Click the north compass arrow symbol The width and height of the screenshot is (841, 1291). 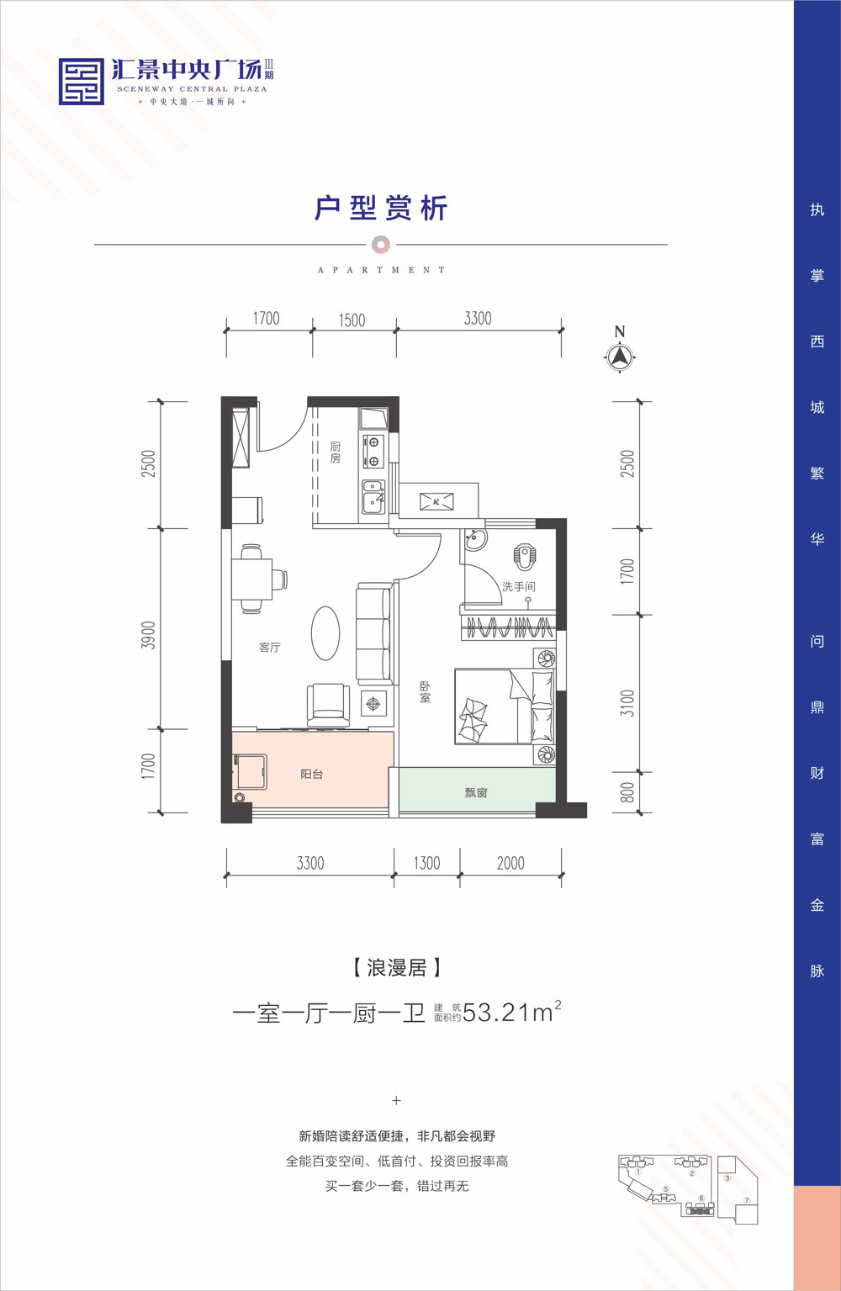(x=620, y=357)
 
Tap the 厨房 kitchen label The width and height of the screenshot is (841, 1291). (x=336, y=452)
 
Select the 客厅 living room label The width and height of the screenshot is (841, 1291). (x=270, y=647)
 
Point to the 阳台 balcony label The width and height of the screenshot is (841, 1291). (x=312, y=774)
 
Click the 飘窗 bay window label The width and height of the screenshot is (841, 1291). (x=476, y=792)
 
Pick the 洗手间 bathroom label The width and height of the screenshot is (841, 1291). (x=518, y=586)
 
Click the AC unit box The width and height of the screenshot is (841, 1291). (x=436, y=501)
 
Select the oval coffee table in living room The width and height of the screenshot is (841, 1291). (x=325, y=633)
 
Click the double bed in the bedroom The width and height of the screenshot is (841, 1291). (x=503, y=706)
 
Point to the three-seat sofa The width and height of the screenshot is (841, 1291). (x=374, y=634)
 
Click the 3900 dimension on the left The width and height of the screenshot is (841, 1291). (x=149, y=635)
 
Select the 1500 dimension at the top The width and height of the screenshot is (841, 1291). (x=352, y=320)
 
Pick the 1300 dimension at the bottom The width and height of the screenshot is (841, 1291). (x=426, y=863)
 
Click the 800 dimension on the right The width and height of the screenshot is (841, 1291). (x=627, y=792)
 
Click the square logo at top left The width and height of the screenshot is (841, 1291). (x=82, y=82)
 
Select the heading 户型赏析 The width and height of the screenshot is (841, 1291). (x=381, y=208)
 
